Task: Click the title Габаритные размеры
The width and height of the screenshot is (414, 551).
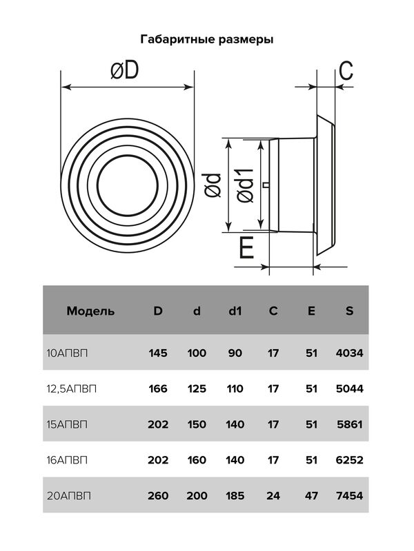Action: (x=207, y=39)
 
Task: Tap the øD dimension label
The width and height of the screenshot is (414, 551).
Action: (x=125, y=70)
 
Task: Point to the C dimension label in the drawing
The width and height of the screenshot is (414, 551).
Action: (x=346, y=71)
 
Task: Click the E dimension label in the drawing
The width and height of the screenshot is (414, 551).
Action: (x=246, y=248)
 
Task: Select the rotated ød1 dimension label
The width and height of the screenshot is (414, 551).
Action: (x=246, y=185)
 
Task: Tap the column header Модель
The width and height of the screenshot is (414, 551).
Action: (x=90, y=311)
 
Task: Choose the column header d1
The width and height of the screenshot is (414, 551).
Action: (x=235, y=311)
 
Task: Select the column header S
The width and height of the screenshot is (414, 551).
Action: (x=349, y=311)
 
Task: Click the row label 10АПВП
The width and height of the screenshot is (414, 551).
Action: (x=67, y=353)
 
